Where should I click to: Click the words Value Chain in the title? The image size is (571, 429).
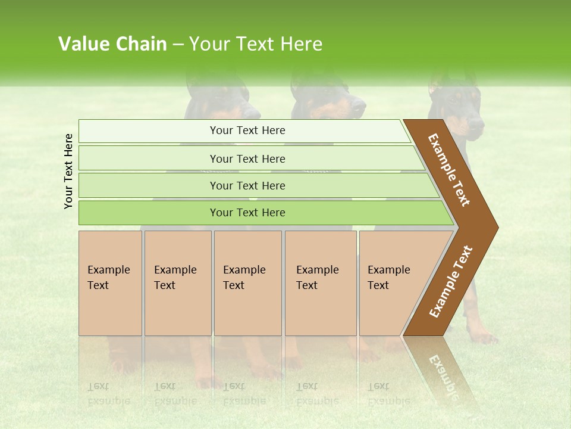112,44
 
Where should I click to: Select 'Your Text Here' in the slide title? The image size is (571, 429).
256,44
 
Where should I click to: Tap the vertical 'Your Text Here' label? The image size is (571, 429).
68,171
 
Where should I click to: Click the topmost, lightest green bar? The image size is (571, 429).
247,130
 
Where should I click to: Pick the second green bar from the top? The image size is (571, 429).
247,158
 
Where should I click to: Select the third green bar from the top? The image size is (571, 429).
247,185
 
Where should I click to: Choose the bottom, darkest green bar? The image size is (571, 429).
247,213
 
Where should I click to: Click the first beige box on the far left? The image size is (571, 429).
110,283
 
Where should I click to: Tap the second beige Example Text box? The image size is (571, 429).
178,283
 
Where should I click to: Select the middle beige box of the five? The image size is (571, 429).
247,283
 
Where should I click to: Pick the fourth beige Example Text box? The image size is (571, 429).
321,283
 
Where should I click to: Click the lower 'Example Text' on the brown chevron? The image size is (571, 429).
451,281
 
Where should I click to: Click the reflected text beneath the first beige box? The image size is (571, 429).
108,394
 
